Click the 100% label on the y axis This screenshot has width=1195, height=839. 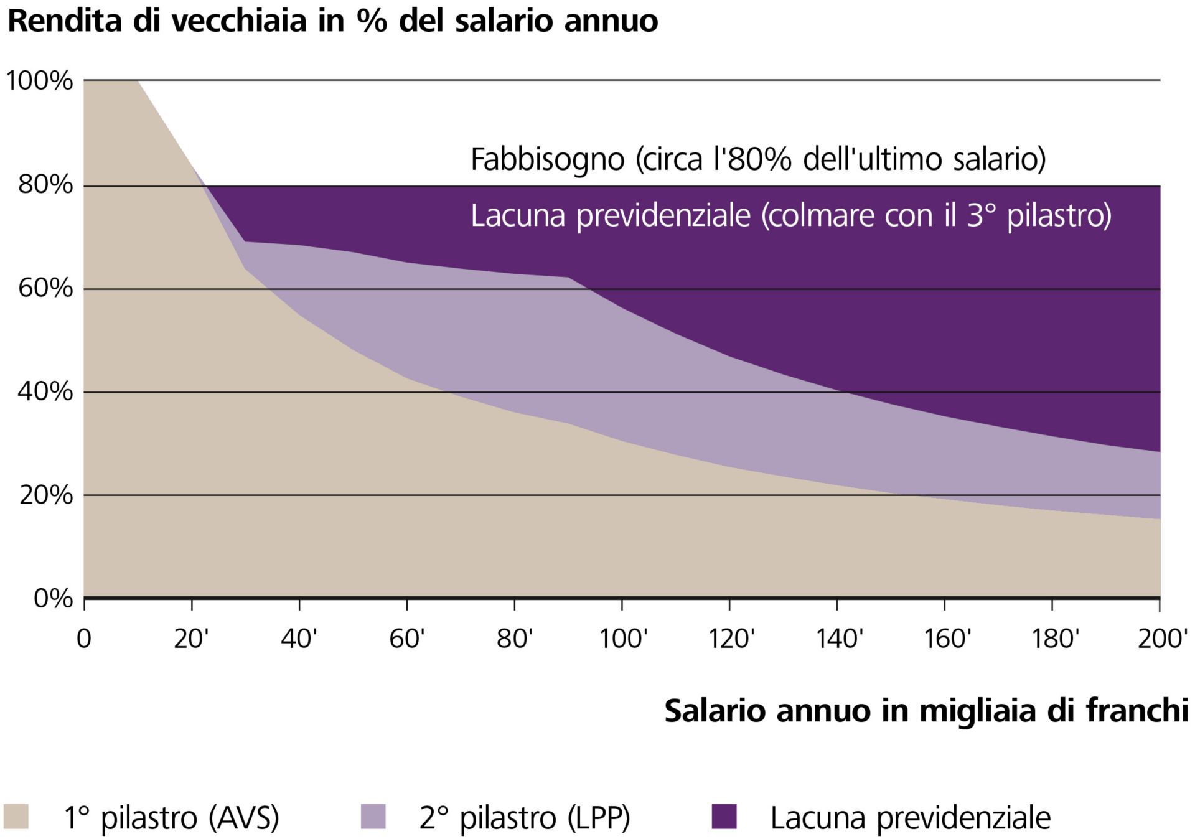pyautogui.click(x=39, y=81)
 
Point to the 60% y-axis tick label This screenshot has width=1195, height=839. pyautogui.click(x=45, y=289)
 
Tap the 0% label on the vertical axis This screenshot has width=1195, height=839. pyautogui.click(x=52, y=598)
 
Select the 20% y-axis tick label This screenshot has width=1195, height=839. pyautogui.click(x=45, y=495)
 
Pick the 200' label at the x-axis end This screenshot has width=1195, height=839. pyautogui.click(x=1162, y=639)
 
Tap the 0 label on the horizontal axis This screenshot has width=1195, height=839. pyautogui.click(x=83, y=639)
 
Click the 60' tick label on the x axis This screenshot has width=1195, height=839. pyautogui.click(x=407, y=639)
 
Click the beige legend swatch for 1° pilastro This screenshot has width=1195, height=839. pyautogui.click(x=16, y=817)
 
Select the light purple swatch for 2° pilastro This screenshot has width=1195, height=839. pyautogui.click(x=373, y=817)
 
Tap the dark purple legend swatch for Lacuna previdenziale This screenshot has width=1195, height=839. pyautogui.click(x=724, y=817)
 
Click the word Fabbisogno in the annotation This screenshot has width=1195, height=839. pyautogui.click(x=547, y=159)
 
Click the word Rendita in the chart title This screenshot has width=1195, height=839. pyautogui.click(x=63, y=21)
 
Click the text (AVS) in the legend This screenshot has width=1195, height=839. pyautogui.click(x=243, y=818)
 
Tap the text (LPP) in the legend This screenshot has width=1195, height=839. pyautogui.click(x=598, y=818)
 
